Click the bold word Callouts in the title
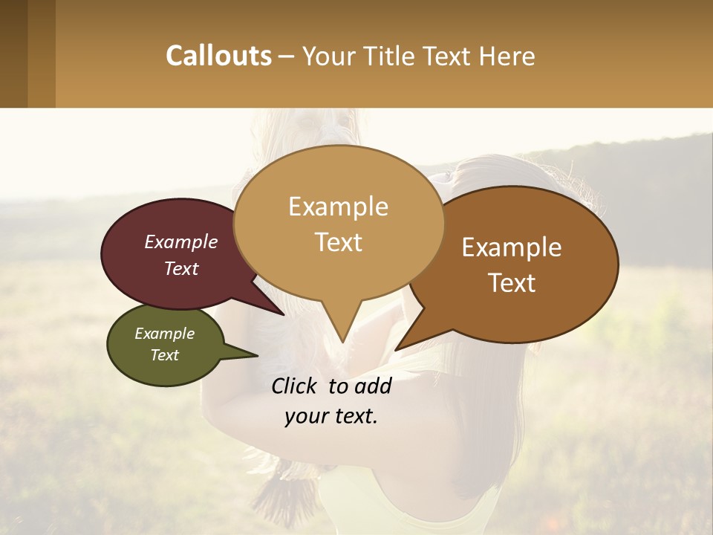[218, 56]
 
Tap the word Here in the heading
[507, 56]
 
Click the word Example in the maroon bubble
[181, 241]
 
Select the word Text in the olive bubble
[165, 355]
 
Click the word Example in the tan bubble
[338, 207]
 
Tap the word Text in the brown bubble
[512, 283]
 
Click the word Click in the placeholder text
[296, 386]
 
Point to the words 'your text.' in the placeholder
[331, 416]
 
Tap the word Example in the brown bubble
[512, 247]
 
